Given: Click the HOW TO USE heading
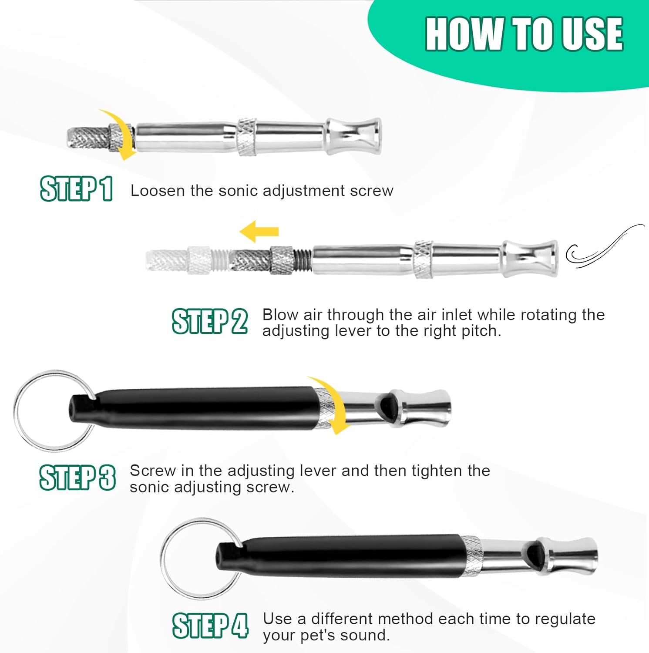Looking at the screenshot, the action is pyautogui.click(x=524, y=34).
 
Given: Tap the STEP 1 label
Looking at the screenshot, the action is pyautogui.click(x=77, y=188).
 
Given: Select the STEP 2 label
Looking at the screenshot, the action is pyautogui.click(x=210, y=321).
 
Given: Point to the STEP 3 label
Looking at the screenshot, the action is pyautogui.click(x=77, y=477).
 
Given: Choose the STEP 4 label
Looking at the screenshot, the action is pyautogui.click(x=210, y=626).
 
